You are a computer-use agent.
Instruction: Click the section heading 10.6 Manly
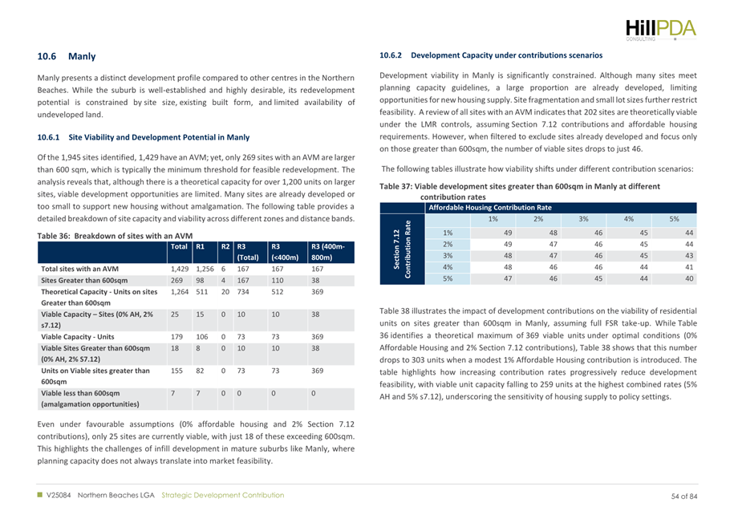[67, 57]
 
